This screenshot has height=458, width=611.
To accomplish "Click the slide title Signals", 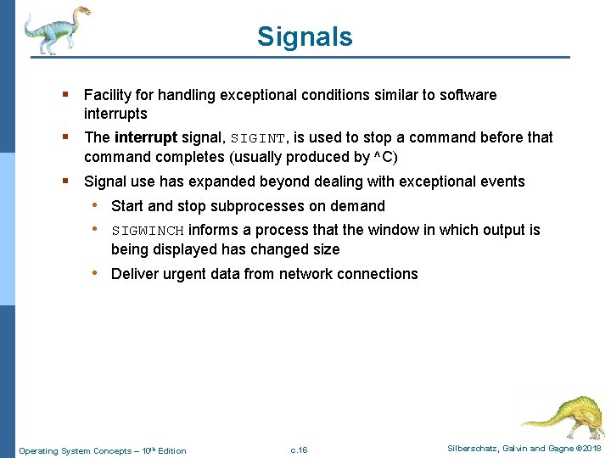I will pos(305,37).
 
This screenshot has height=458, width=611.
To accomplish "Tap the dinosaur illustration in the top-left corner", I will pos(56,30).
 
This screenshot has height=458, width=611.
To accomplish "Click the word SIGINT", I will pos(259,138).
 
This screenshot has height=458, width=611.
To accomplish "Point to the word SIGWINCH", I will pos(148,231).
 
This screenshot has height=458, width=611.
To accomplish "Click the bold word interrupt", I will pos(145,137).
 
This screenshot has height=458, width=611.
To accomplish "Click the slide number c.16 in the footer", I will pos(299,450).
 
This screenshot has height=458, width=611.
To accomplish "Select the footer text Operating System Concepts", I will pos(74,450).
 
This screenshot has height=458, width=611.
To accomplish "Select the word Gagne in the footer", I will pos(554,449).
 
